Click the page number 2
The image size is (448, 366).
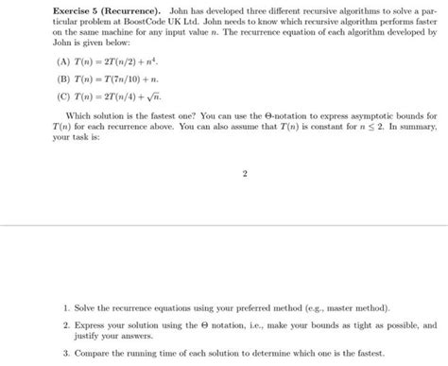point(245,174)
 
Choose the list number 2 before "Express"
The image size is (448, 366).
point(66,324)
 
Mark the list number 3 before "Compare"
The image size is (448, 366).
point(66,352)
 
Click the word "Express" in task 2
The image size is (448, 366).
point(91,324)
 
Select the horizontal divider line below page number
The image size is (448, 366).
point(224,227)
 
